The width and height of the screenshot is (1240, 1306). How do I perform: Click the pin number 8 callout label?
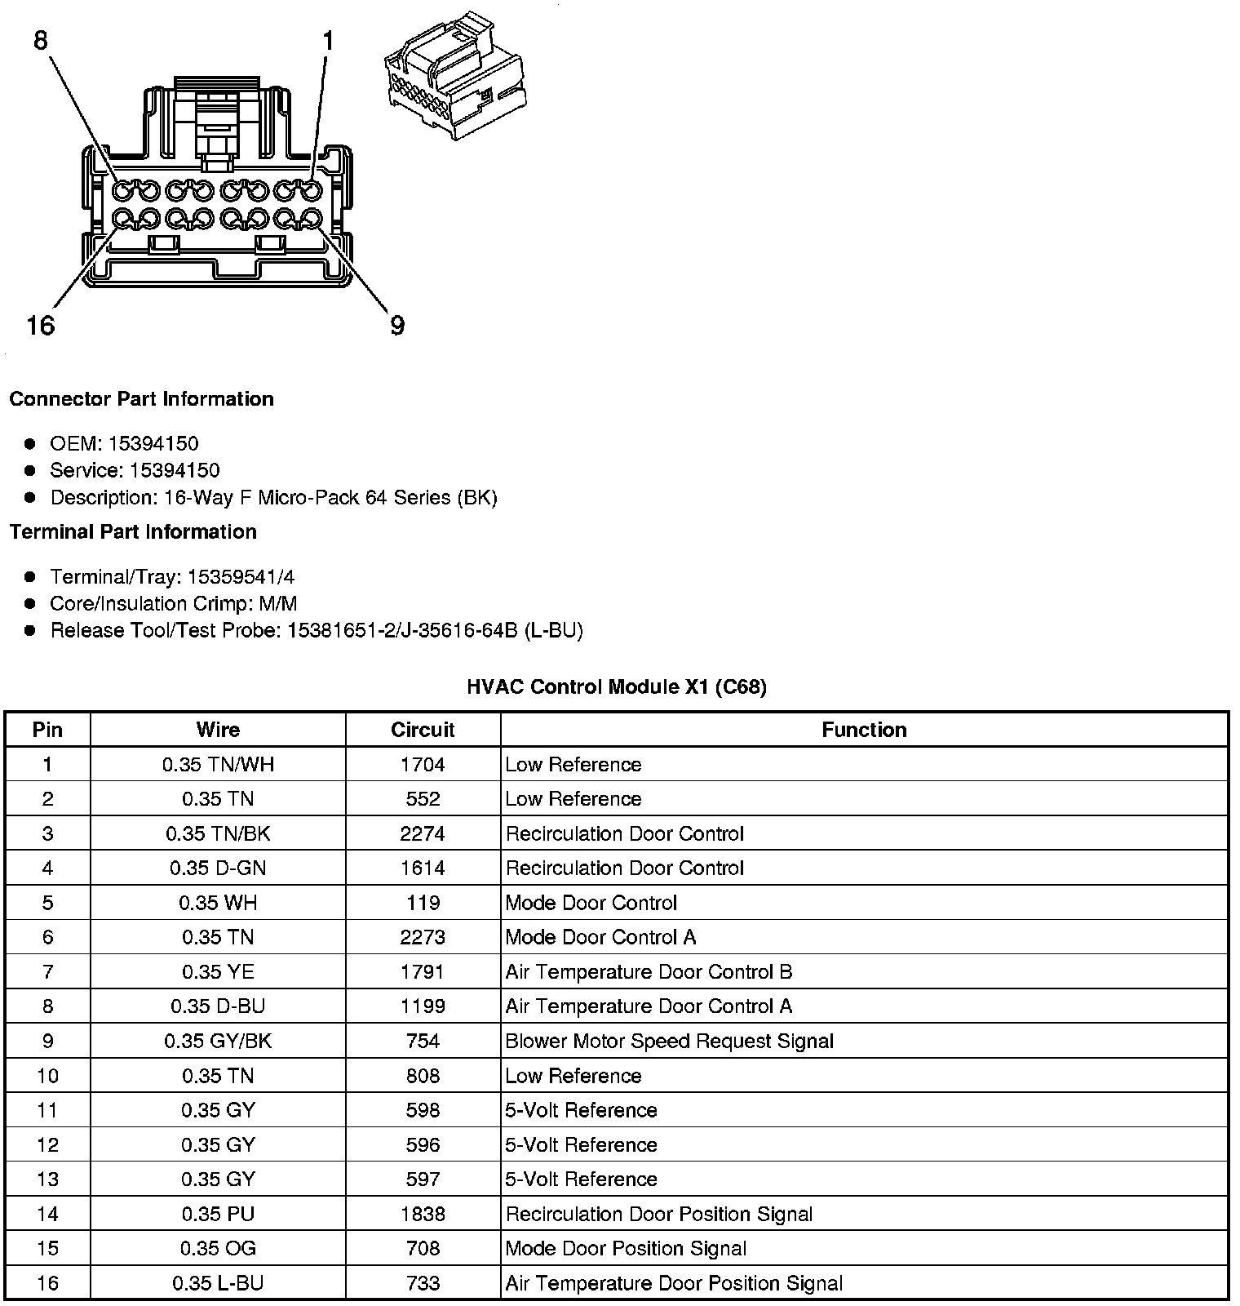pyautogui.click(x=41, y=40)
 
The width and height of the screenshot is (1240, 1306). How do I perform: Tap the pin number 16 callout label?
pyautogui.click(x=40, y=326)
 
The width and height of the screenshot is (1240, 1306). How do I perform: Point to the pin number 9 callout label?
pyautogui.click(x=397, y=326)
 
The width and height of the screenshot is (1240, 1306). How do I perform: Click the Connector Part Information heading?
pyautogui.click(x=141, y=399)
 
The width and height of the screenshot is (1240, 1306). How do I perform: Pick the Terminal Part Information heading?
pyautogui.click(x=133, y=532)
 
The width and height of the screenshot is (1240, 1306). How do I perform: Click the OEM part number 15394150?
pyautogui.click(x=153, y=444)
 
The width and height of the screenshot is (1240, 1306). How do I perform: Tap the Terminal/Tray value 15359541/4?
pyautogui.click(x=241, y=577)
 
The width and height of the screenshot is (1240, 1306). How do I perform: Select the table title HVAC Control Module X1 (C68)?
pyautogui.click(x=617, y=687)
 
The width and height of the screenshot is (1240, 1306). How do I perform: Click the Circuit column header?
pyautogui.click(x=423, y=730)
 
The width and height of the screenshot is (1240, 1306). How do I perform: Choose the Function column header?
pyautogui.click(x=864, y=730)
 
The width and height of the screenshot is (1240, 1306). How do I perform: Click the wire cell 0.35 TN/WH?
pyautogui.click(x=218, y=765)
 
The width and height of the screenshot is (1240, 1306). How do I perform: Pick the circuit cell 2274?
pyautogui.click(x=423, y=833)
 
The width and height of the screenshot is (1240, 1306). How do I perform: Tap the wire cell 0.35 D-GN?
pyautogui.click(x=218, y=868)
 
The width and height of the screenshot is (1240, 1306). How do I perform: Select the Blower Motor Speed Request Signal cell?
pyautogui.click(x=669, y=1041)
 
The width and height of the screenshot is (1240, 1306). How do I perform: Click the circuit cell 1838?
pyautogui.click(x=423, y=1214)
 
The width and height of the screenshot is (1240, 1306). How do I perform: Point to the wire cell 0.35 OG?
pyautogui.click(x=218, y=1248)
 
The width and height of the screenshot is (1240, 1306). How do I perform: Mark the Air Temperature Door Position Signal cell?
pyautogui.click(x=673, y=1283)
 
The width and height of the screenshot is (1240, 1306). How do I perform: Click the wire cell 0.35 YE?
pyautogui.click(x=218, y=971)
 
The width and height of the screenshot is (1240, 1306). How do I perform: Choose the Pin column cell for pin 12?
pyautogui.click(x=47, y=1144)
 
